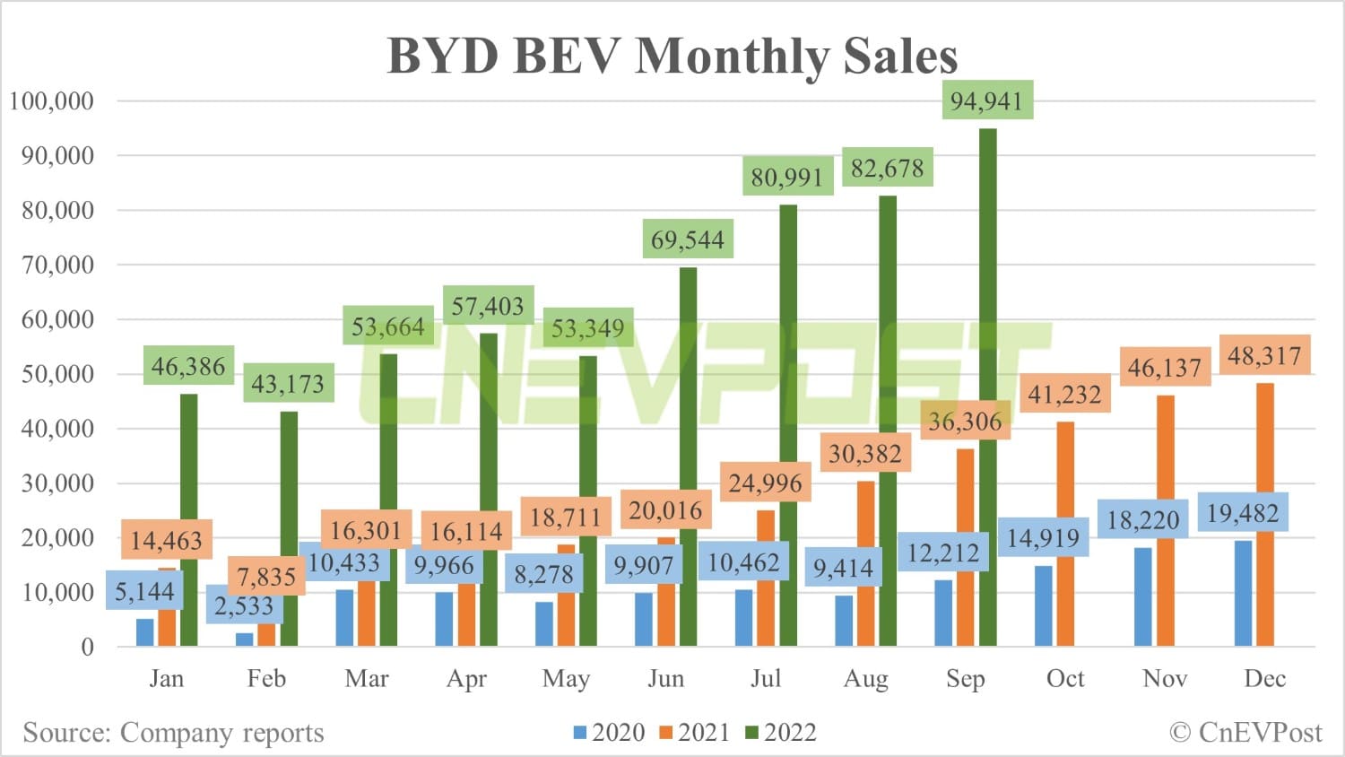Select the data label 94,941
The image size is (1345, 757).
986,100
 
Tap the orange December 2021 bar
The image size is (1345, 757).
1264,516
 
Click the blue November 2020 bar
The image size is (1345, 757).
1143,596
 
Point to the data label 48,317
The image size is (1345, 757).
1264,356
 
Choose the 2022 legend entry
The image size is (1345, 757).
781,733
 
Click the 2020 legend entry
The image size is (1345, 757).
610,733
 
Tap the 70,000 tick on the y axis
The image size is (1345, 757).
58,265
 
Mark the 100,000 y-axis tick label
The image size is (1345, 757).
52,100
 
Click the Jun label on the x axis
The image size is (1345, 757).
665,678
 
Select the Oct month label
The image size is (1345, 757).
1065,678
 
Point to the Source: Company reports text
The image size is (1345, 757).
173,733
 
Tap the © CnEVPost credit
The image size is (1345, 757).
1246,733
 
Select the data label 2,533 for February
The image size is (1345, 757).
244,605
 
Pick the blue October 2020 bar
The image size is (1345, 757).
1043,605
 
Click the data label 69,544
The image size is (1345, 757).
688,239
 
